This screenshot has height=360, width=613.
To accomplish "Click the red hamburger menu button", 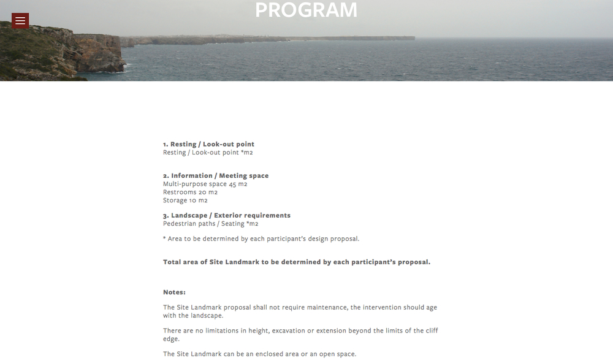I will click(x=20, y=21).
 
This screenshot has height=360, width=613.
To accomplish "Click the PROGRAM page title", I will click(x=306, y=10).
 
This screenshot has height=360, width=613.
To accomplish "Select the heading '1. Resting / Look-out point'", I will click(x=208, y=144).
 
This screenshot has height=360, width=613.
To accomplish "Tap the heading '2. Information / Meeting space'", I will click(x=216, y=175).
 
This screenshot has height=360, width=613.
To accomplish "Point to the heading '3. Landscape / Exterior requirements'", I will click(x=227, y=215).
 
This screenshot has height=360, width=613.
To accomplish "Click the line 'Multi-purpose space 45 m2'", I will click(x=205, y=184).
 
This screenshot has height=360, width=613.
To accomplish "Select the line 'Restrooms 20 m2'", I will click(x=190, y=192).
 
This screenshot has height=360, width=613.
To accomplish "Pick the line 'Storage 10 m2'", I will click(x=185, y=201).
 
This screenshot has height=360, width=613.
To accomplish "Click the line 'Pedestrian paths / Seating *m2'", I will click(x=211, y=224).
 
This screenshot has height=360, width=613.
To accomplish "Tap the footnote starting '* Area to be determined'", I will click(x=261, y=239).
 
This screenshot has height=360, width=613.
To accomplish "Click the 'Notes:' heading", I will click(x=174, y=292).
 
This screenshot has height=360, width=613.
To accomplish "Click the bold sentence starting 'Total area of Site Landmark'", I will click(x=297, y=262).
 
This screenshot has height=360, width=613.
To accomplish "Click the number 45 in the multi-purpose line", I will click(x=232, y=184).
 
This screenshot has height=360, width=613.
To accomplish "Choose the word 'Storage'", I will click(x=175, y=201).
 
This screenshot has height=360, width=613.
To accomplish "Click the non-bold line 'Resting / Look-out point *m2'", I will click(x=208, y=152).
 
